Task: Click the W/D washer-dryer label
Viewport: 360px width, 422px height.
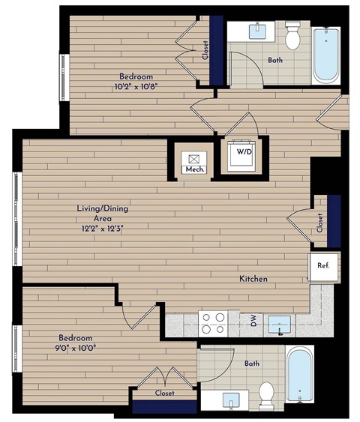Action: (244, 152)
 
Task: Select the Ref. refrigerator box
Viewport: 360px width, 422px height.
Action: (324, 265)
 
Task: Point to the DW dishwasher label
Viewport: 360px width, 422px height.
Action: (253, 322)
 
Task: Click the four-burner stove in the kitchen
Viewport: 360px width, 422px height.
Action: (213, 322)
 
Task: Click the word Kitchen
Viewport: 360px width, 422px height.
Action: (253, 279)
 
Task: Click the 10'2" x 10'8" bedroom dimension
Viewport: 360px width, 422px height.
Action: (136, 86)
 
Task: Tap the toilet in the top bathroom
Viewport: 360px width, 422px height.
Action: (292, 33)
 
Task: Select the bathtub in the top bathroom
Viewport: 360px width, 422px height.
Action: (326, 56)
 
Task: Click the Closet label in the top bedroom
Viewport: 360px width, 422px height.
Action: (205, 50)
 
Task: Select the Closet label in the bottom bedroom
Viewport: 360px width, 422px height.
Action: (164, 393)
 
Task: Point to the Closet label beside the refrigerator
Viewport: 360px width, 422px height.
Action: (319, 223)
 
